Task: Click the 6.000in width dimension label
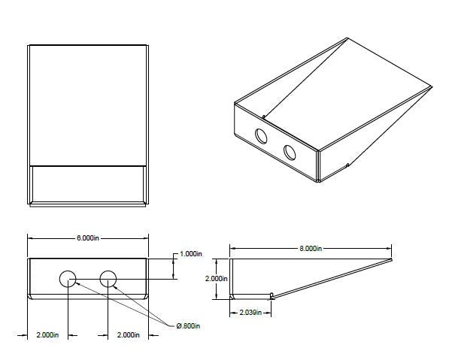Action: (87, 237)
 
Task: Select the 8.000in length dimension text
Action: (310, 248)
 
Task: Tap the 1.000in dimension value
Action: (190, 254)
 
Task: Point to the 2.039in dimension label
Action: (250, 311)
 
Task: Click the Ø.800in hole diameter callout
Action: (189, 325)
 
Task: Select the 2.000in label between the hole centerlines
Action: (128, 334)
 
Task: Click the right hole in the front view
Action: (108, 279)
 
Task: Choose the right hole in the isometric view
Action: (290, 152)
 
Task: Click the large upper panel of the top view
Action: (87, 104)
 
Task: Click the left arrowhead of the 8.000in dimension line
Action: (232, 248)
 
